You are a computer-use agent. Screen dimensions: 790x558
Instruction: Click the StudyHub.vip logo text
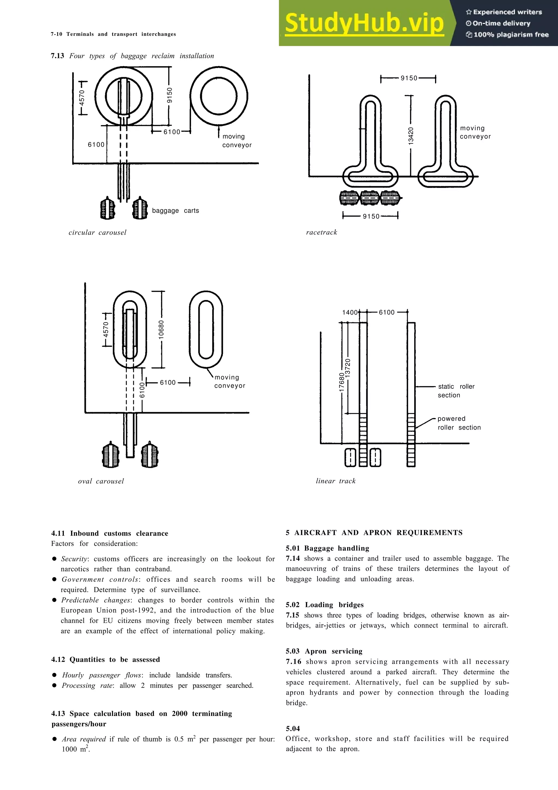(364, 23)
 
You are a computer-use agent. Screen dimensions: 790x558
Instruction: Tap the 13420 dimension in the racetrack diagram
(411, 136)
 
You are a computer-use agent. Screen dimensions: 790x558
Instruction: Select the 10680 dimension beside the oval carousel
(161, 329)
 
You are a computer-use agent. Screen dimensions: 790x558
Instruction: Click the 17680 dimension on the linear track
(341, 382)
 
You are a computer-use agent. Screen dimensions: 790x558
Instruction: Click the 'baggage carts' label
(175, 210)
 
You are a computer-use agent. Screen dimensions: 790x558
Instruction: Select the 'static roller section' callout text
(456, 391)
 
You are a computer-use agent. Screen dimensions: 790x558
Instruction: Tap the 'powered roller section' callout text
(459, 423)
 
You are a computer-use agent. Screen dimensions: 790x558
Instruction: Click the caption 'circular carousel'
(97, 233)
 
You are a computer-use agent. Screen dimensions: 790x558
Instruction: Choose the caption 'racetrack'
(322, 232)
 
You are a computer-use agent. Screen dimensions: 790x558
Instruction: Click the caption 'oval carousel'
(101, 481)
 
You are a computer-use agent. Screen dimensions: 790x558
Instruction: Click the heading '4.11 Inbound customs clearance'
(110, 533)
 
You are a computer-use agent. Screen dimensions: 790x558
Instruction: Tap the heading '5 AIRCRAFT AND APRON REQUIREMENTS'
(374, 533)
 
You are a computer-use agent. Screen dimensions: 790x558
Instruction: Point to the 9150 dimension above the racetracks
(409, 78)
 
